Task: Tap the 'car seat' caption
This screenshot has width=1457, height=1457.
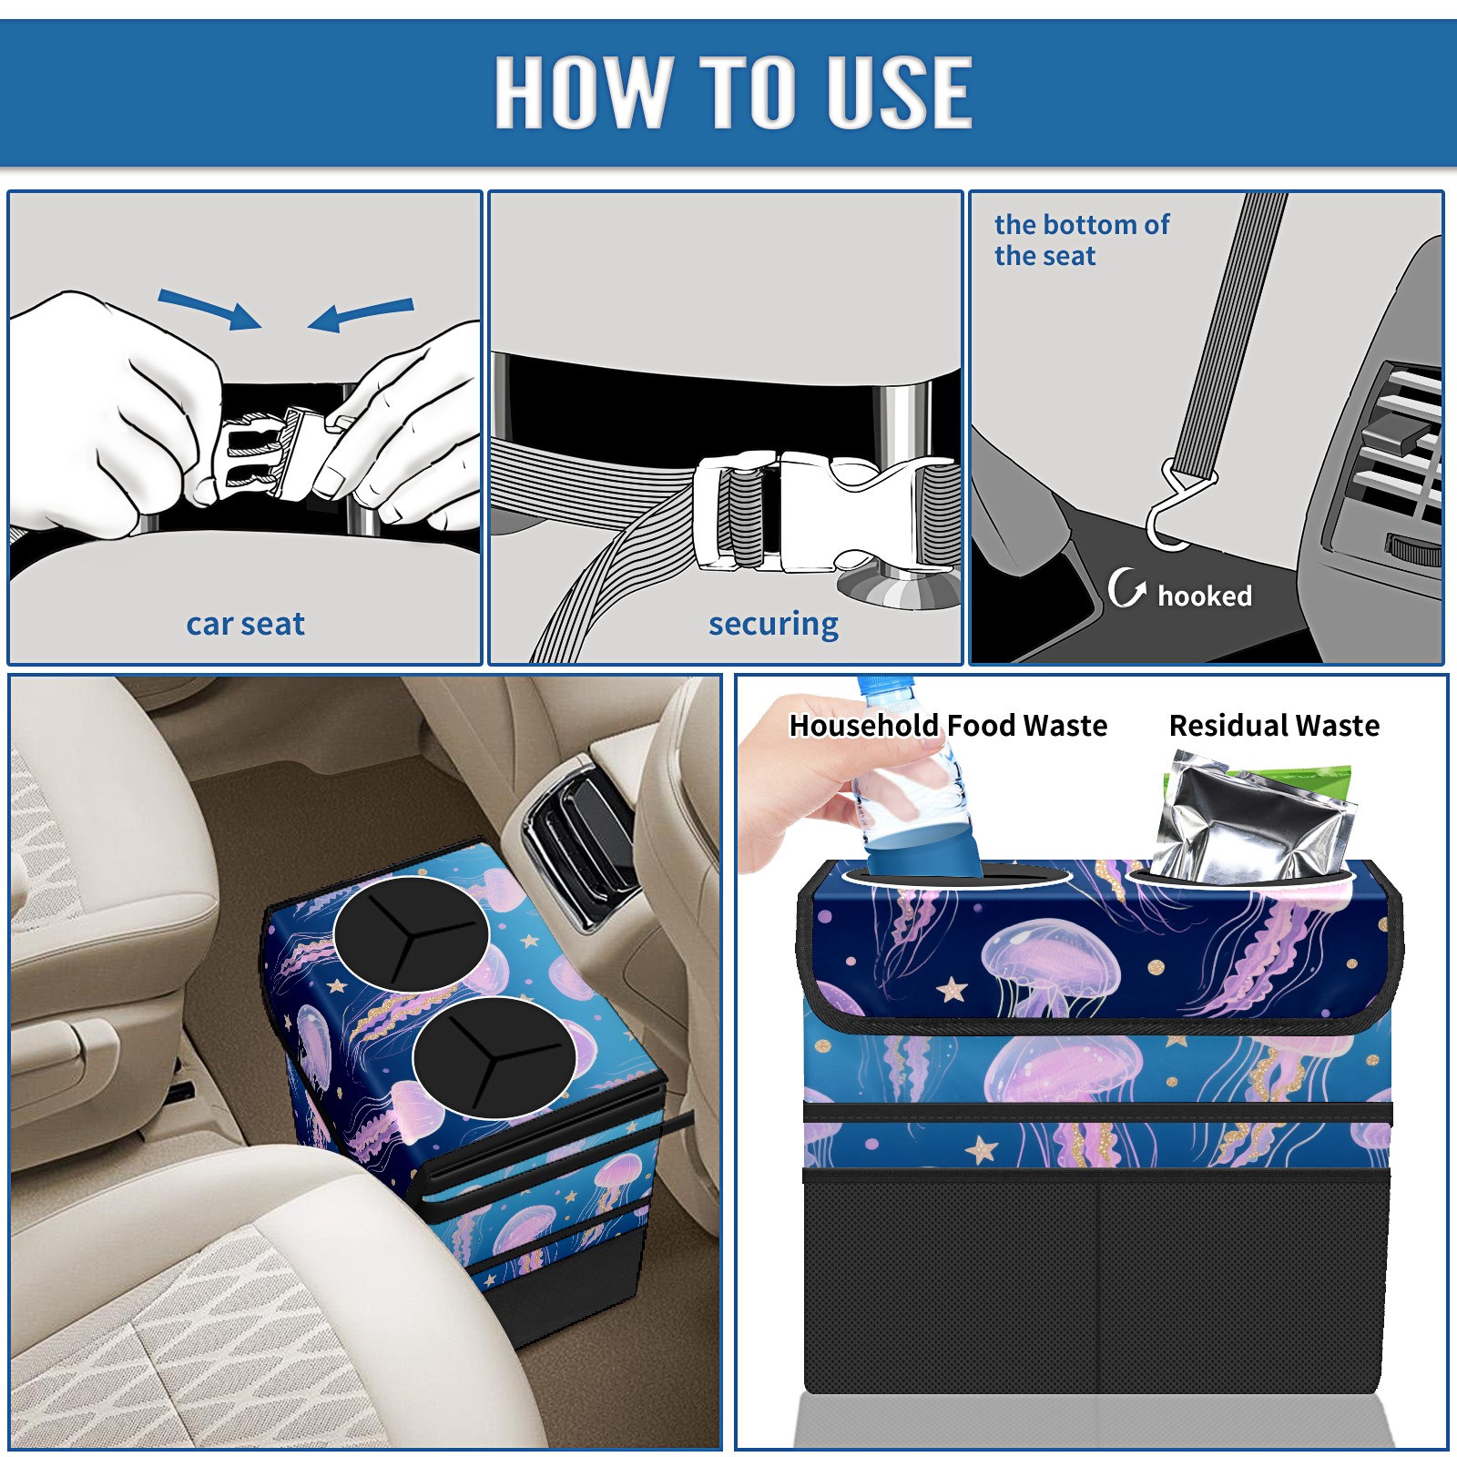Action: coord(245,624)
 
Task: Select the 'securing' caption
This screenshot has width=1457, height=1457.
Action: coord(773,624)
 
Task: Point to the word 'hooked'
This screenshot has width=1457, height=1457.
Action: coord(1205,596)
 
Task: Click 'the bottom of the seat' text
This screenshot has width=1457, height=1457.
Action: coord(1081,239)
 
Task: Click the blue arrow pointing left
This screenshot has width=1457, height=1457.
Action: coord(361,315)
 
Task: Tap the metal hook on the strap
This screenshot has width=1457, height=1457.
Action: coord(1177,510)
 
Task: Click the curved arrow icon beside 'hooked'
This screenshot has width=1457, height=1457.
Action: coord(1126,587)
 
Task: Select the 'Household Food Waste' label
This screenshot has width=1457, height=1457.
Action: coord(948,725)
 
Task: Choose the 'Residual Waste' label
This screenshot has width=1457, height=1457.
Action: coord(1274,725)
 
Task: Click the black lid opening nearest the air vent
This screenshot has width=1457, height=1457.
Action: coord(412,933)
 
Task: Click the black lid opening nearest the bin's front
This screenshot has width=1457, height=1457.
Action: coord(494,1057)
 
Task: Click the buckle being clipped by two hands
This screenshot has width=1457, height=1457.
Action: coord(264,453)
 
